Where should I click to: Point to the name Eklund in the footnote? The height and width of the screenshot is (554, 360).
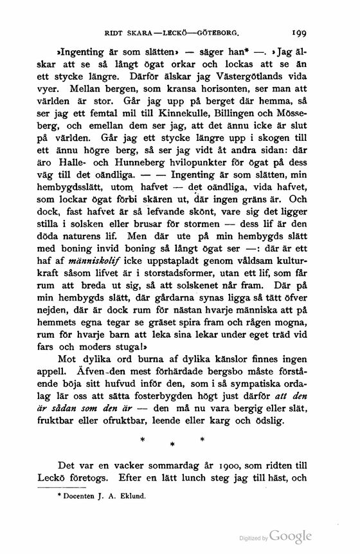132,497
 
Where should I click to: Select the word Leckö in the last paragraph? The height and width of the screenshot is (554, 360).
67,479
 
